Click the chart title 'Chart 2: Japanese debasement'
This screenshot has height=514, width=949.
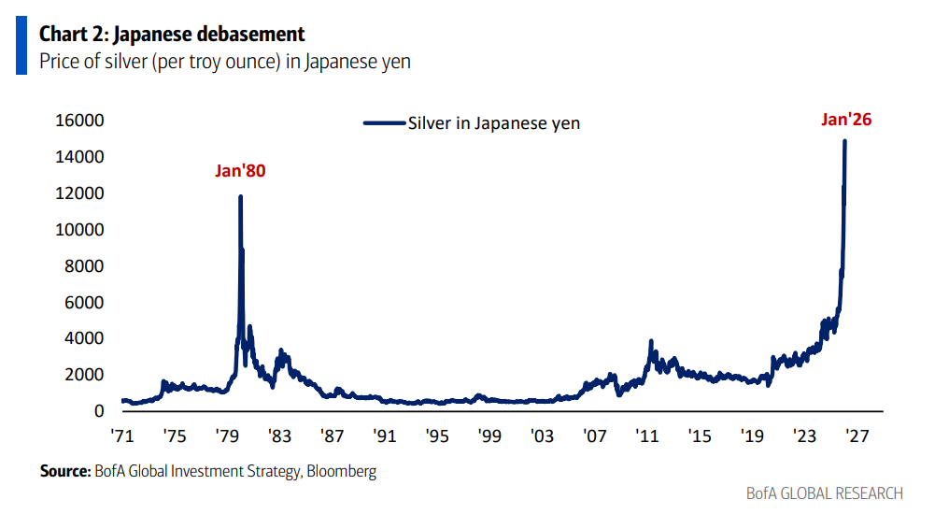[x=172, y=35]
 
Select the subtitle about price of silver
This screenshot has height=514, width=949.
[x=224, y=62]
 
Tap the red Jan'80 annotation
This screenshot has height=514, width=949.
[x=241, y=172]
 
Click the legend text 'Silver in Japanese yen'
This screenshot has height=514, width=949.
[x=494, y=122]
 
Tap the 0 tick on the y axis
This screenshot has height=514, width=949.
[x=96, y=411]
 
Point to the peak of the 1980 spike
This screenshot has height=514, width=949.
[x=241, y=197]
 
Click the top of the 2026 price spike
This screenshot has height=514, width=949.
[x=844, y=142]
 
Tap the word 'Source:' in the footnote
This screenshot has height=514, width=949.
[x=64, y=472]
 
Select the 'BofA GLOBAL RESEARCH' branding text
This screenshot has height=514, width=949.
[x=825, y=493]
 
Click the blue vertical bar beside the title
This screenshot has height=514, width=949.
[x=21, y=46]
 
